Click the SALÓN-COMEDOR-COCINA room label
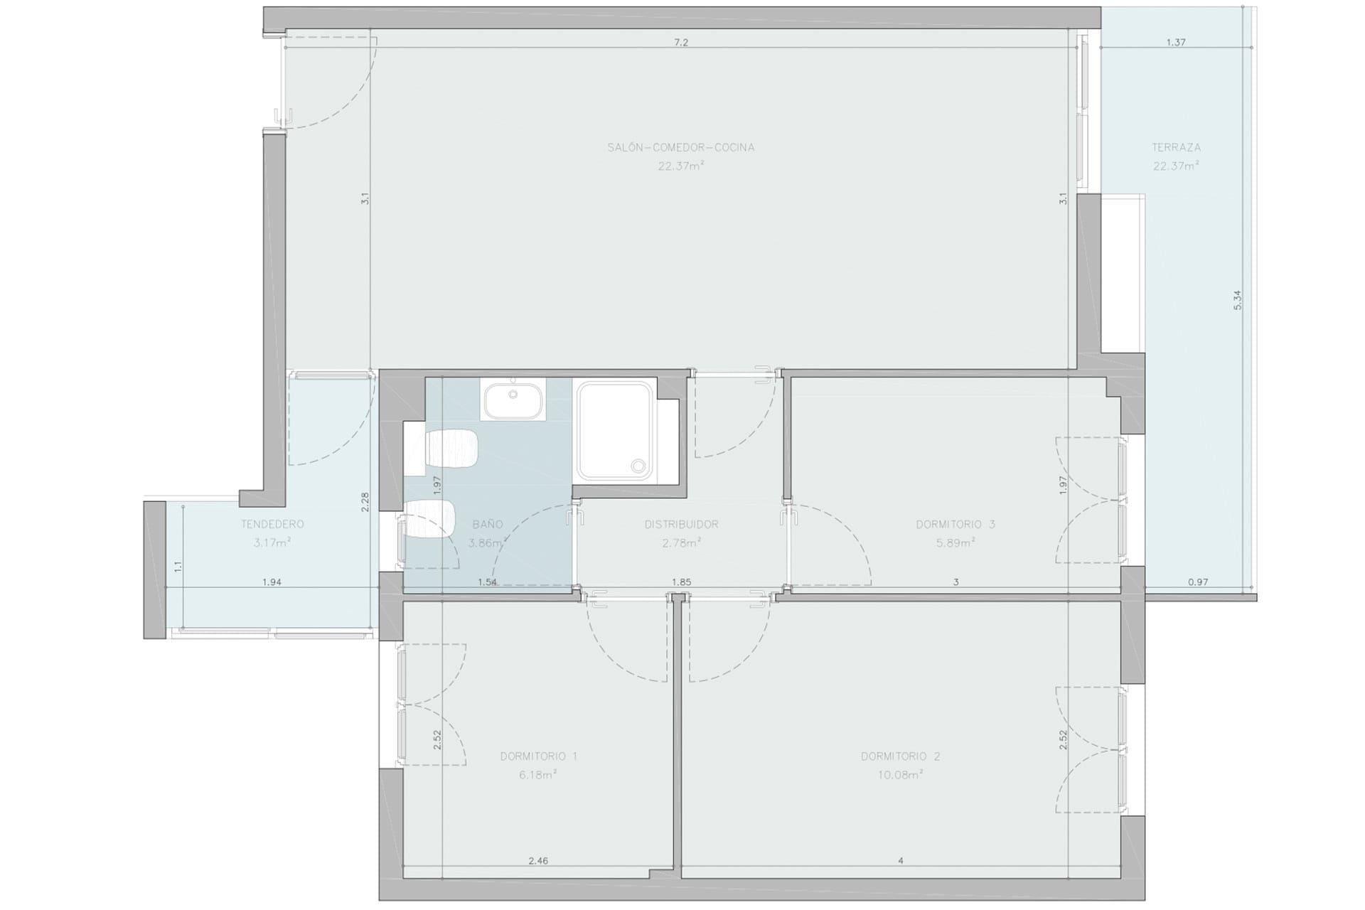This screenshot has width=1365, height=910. point(680,148)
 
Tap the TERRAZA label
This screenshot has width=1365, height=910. point(1177,148)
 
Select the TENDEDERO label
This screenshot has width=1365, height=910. point(272,525)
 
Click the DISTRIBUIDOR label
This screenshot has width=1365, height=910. point(681,525)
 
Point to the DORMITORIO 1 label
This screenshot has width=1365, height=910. point(538,756)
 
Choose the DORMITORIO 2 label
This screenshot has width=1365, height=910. point(900,756)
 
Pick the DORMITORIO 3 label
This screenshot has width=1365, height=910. point(955,525)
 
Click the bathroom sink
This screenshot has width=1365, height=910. point(513,400)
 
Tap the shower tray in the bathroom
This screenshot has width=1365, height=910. point(616,431)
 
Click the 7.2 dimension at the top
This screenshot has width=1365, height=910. point(680,43)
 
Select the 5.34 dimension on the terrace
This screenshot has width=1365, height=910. point(1238,300)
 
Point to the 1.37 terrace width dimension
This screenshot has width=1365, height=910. point(1176,43)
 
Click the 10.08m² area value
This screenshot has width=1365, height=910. point(900,775)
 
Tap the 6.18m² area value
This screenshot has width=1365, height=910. point(538,775)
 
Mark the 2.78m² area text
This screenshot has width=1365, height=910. point(681,543)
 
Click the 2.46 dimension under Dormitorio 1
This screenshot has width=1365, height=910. point(538,861)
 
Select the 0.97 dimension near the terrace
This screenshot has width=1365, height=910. point(1198,582)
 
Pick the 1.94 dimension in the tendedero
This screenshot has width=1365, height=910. point(272,582)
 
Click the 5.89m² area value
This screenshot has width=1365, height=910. point(955,543)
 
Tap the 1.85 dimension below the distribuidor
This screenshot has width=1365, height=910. point(681,582)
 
